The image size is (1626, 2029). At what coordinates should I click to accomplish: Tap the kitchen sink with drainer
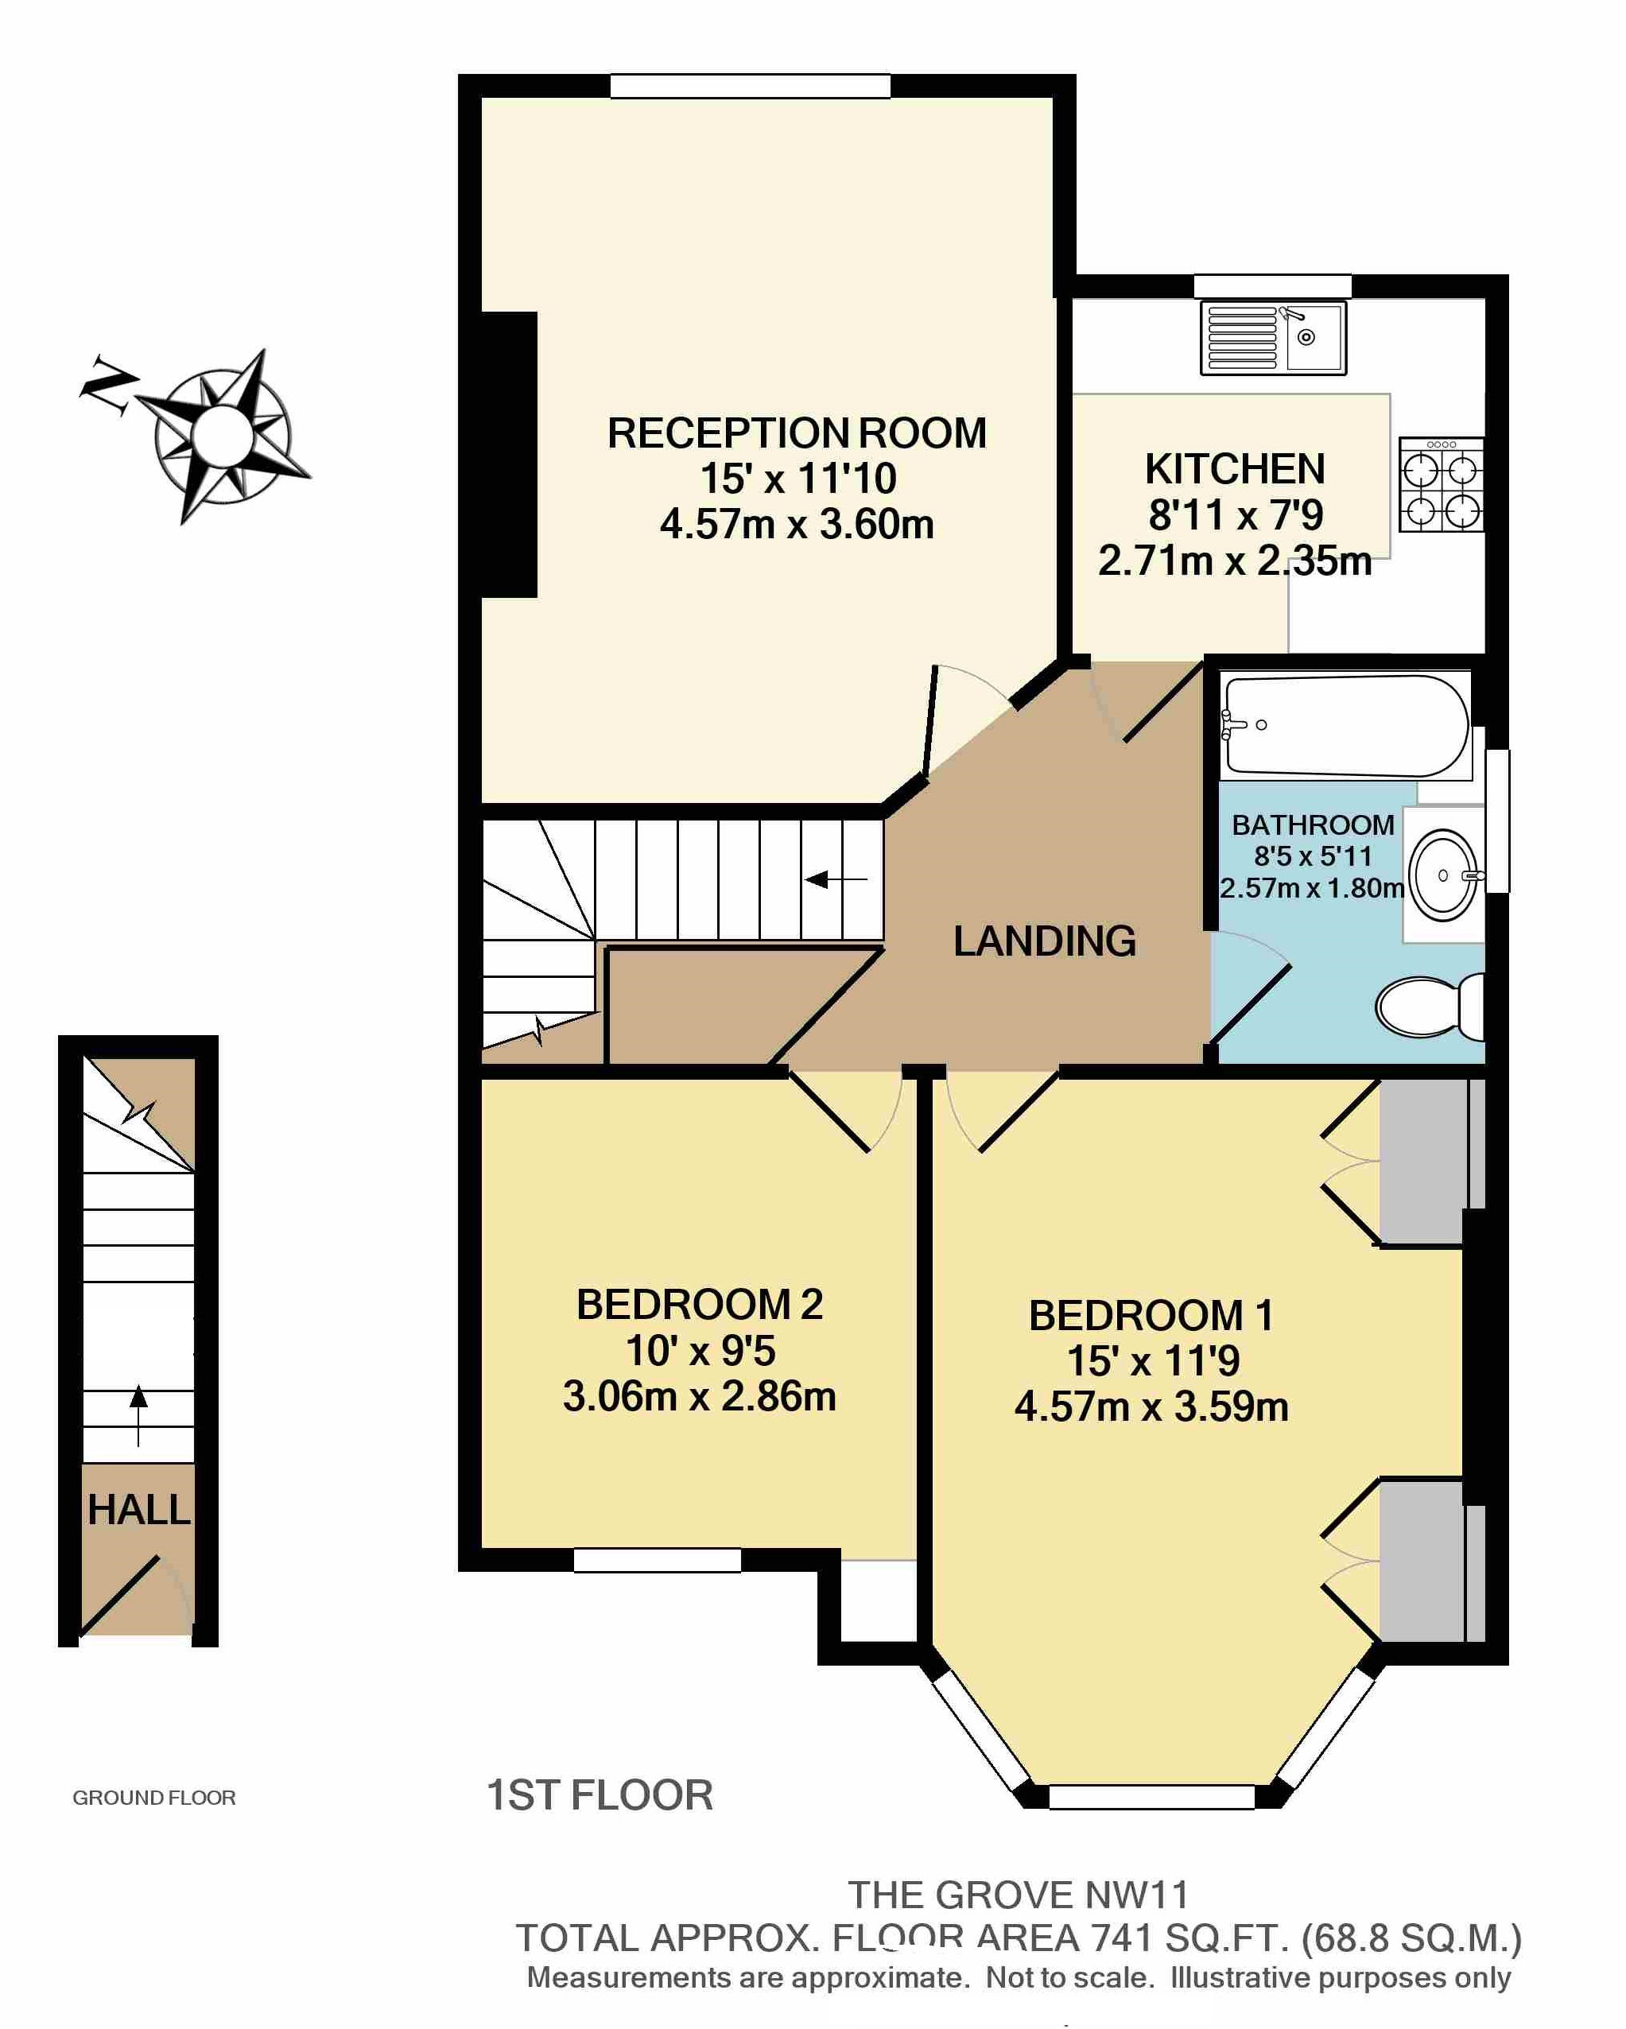point(1273,337)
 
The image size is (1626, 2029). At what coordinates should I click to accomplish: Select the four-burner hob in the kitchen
point(1441,485)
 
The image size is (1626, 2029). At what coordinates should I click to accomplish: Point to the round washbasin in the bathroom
point(1445,875)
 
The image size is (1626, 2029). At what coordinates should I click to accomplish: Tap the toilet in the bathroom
point(1428,1006)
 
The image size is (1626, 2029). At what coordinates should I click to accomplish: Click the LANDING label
point(1045,941)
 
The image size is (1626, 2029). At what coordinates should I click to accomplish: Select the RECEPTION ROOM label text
point(797,434)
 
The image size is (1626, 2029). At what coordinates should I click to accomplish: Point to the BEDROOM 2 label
point(699,1305)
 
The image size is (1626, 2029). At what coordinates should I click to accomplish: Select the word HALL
point(138,1511)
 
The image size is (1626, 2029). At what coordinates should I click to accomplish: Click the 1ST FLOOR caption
point(600,1795)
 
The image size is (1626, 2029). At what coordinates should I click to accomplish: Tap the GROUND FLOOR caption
point(154,1798)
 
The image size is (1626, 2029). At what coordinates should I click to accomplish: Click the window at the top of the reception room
point(750,87)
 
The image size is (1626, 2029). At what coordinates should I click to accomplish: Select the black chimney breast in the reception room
point(509,455)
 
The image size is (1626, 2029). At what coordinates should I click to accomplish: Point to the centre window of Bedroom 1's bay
point(1152,1797)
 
